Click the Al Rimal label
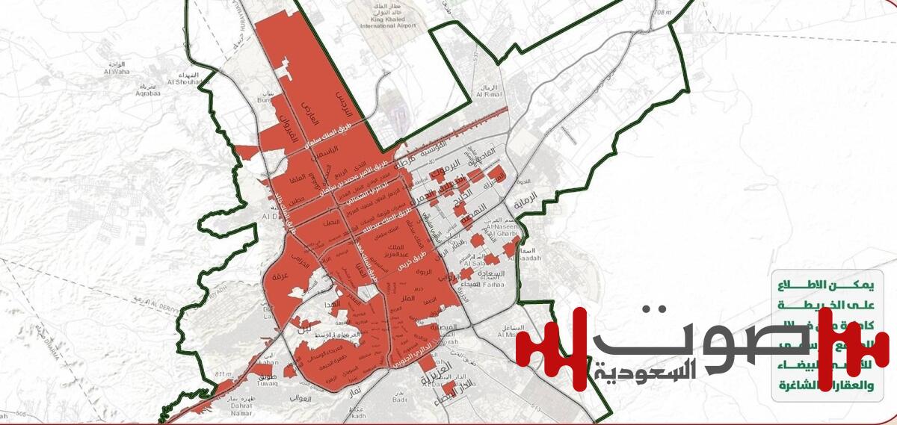coord(488,96)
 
